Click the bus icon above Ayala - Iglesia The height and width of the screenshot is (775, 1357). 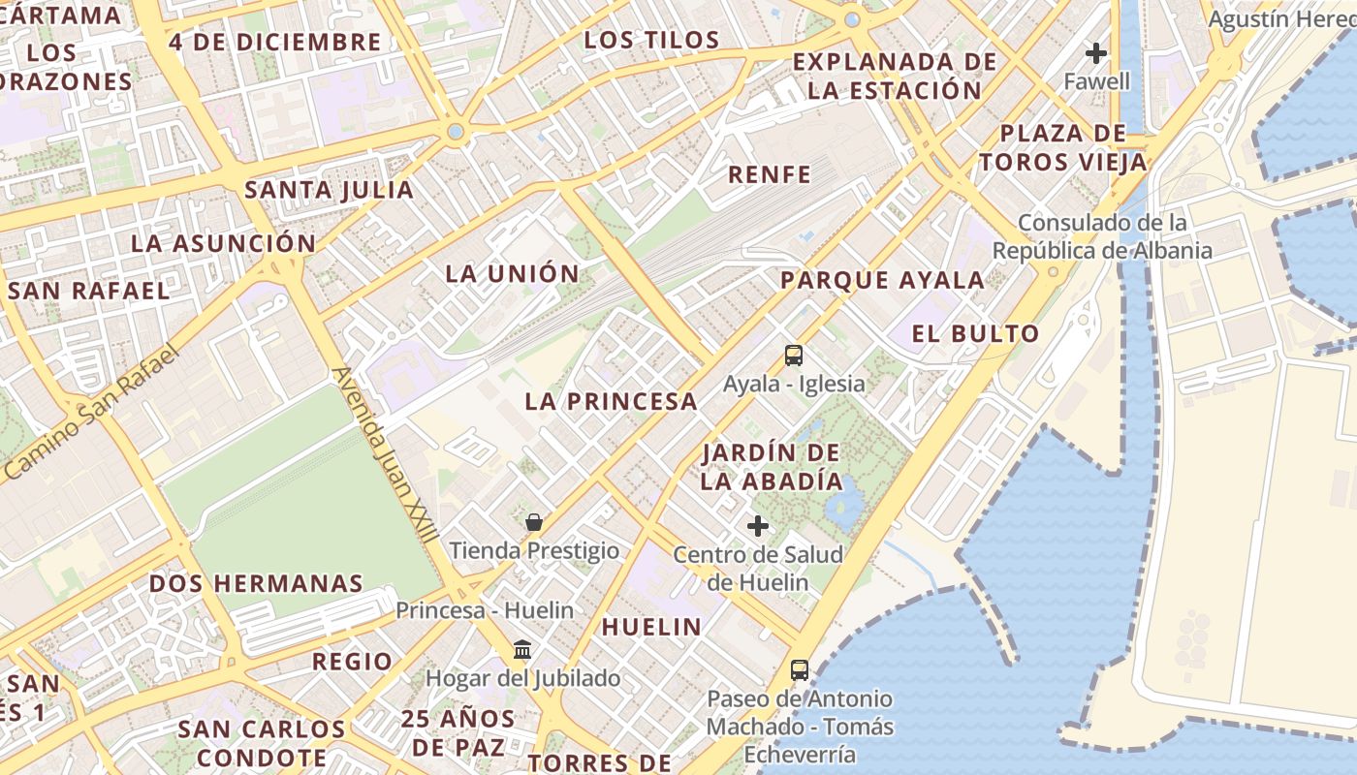point(794,356)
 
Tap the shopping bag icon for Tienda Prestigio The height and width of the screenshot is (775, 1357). point(534,523)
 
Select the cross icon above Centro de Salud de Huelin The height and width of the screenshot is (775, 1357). point(758,527)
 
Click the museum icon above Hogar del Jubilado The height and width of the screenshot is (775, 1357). point(522,649)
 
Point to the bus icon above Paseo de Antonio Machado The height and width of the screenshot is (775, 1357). point(800,669)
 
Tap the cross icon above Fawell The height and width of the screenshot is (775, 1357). point(1096,52)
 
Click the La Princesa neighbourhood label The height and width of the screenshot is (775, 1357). point(611,401)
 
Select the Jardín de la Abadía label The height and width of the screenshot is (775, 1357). point(772,466)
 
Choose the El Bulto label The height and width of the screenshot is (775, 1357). point(975,334)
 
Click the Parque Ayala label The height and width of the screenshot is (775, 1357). point(882,281)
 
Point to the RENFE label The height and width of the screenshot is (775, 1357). point(769,174)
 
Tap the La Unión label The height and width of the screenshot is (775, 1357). point(512,273)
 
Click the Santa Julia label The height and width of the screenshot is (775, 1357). point(329,190)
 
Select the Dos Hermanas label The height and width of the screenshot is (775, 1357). point(256,583)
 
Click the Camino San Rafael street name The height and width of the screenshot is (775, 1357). point(92,412)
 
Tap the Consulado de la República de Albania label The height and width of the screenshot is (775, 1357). point(1102,237)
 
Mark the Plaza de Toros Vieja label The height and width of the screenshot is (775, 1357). point(1062,147)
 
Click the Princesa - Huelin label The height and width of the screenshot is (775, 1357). point(485,610)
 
